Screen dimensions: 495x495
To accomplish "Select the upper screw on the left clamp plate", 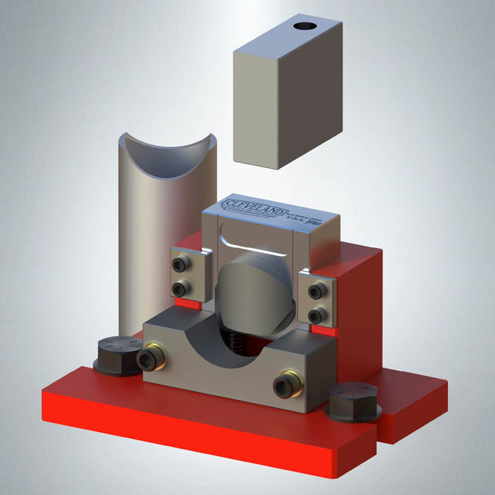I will [183, 262].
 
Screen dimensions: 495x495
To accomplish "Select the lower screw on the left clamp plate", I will [183, 287].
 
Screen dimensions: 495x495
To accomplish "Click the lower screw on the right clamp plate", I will [317, 315].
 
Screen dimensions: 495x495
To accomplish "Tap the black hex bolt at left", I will [119, 357].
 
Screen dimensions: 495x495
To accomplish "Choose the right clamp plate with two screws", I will [317, 302].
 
